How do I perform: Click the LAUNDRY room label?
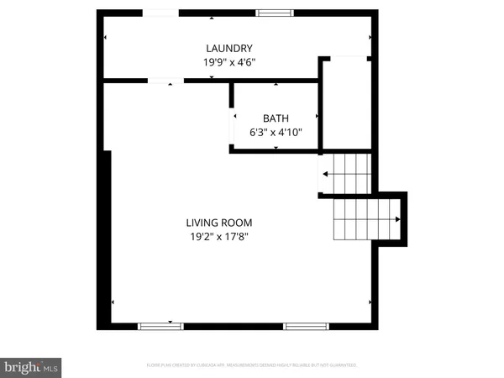point(229,49)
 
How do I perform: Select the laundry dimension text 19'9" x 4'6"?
point(229,62)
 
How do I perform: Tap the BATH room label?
point(275,118)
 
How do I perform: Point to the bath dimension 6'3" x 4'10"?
point(275,133)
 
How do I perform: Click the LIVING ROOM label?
point(219,223)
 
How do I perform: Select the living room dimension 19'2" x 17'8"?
point(219,237)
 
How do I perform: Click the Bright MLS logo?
point(32,366)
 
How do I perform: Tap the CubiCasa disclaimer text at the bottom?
point(252,365)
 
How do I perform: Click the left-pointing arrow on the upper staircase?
point(326,175)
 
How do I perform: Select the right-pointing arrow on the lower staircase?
point(397,218)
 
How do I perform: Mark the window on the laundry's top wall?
point(274,13)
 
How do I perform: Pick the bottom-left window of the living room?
point(160,326)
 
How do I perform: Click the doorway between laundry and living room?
point(166,81)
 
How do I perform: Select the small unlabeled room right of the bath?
point(347,105)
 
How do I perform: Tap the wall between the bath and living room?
point(275,151)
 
